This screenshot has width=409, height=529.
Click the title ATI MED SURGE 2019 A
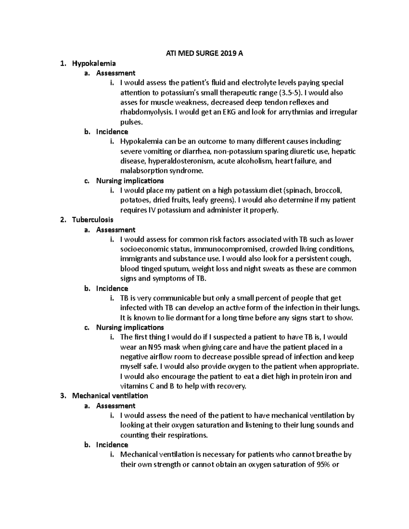[204, 53]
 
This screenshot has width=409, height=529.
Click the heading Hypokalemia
[94, 63]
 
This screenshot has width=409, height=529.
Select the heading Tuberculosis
[92, 220]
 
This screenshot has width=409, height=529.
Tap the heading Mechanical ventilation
[110, 396]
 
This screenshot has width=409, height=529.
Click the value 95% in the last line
[319, 465]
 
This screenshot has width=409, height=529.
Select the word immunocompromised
[229, 249]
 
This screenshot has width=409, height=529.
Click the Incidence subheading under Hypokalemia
[112, 132]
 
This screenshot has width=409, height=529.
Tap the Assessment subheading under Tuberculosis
[116, 230]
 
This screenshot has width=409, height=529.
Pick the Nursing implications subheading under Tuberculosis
[130, 328]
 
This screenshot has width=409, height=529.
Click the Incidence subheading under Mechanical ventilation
[112, 445]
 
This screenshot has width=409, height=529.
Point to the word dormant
[184, 318]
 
